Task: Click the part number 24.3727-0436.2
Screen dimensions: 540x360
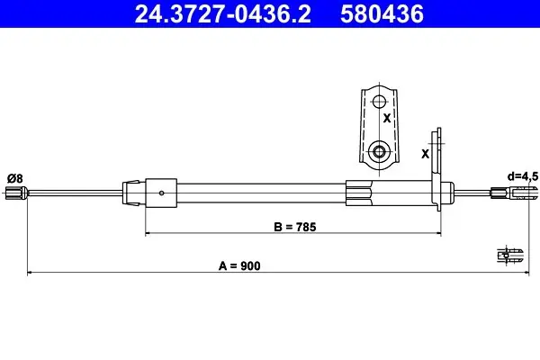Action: pos(223,14)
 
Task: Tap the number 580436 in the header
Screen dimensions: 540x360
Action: pos(382,14)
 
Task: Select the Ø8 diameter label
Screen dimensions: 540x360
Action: pos(14,178)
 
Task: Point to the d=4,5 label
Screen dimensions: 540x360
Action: pos(522,176)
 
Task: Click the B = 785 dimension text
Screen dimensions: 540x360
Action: pos(295,227)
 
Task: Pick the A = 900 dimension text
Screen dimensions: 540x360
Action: pos(239,266)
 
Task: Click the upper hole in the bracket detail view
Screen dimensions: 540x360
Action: pos(379,102)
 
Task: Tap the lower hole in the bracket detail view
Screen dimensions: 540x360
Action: pos(379,151)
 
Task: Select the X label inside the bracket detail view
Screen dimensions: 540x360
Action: pos(387,119)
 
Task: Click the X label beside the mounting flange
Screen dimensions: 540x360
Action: pos(426,154)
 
